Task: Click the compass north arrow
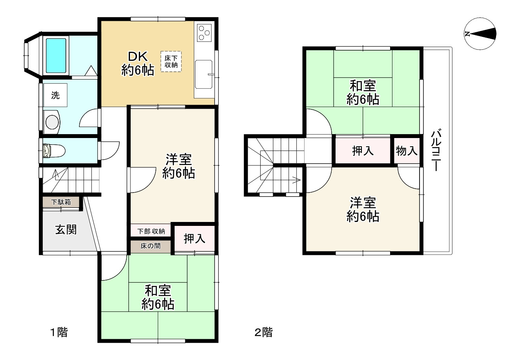pyautogui.click(x=480, y=34)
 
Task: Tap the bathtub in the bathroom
pyautogui.click(x=56, y=55)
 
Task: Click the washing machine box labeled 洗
pyautogui.click(x=55, y=95)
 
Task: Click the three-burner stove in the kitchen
pyautogui.click(x=204, y=33)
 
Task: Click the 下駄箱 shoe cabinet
pyautogui.click(x=61, y=202)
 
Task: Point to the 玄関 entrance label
pyautogui.click(x=66, y=230)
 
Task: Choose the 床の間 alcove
pyautogui.click(x=151, y=247)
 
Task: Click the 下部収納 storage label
pyautogui.click(x=151, y=231)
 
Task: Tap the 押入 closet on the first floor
pyautogui.click(x=194, y=238)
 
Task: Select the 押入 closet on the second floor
pyautogui.click(x=363, y=150)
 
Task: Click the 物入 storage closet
pyautogui.click(x=406, y=150)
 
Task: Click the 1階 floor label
pyautogui.click(x=59, y=333)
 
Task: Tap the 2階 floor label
pyautogui.click(x=264, y=333)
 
